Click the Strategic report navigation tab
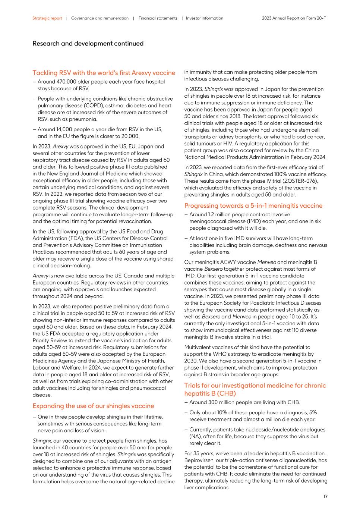pyautogui.click(x=47, y=18)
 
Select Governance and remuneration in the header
pyautogui.click(x=100, y=18)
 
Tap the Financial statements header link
pyautogui.click(x=158, y=18)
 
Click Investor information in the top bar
pyautogui.click(x=205, y=18)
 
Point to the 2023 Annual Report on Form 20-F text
pyautogui.click(x=294, y=18)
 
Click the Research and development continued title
pyautogui.click(x=88, y=44)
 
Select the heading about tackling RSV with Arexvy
pyautogui.click(x=104, y=73)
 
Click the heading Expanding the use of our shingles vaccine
pyautogui.click(x=93, y=406)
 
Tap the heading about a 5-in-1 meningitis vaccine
pyautogui.click(x=253, y=205)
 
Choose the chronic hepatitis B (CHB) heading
pyautogui.click(x=255, y=389)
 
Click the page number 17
pyautogui.click(x=325, y=496)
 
